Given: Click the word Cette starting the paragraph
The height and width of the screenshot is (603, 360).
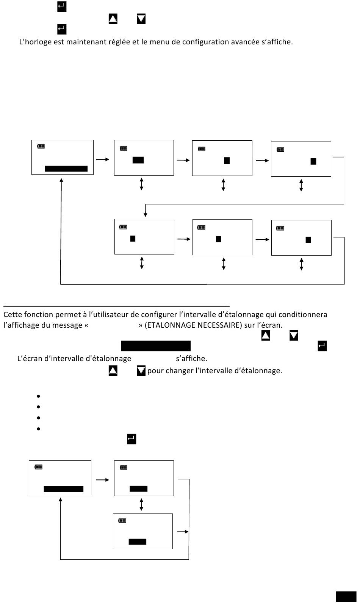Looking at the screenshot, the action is pos(13,314).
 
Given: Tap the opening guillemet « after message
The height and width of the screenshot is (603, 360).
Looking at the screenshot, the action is pos(86,325).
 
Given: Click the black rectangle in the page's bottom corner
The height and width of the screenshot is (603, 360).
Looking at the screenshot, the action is pos(346,597).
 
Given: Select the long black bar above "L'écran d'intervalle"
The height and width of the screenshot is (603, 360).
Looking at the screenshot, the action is pos(156,346).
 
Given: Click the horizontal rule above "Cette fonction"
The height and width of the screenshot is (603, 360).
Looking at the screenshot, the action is pos(116,306).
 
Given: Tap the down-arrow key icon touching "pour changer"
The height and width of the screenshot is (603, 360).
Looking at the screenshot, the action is pos(141,371).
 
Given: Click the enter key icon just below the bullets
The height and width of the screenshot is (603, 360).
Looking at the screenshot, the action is pos(131,439).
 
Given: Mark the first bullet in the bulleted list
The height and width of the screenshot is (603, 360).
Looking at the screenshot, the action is pos(39,396).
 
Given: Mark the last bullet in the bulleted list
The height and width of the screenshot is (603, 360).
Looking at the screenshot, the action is pos(39,429).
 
